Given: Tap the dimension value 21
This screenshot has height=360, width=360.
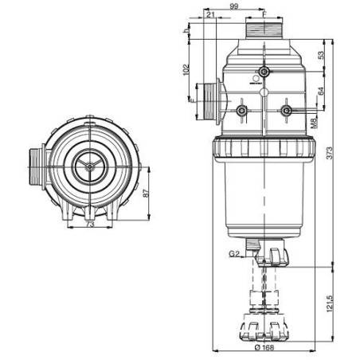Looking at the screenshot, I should pos(209,14).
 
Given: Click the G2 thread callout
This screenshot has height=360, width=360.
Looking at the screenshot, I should pos(233,253).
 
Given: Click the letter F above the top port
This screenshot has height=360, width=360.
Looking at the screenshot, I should pos(264,14).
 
